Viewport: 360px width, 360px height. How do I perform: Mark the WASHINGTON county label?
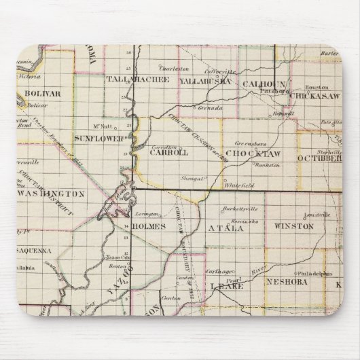pyautogui.click(x=50, y=194)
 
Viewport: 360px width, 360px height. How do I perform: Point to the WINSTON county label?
pyautogui.click(x=293, y=226)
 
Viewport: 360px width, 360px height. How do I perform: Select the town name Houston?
pyautogui.click(x=312, y=88)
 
